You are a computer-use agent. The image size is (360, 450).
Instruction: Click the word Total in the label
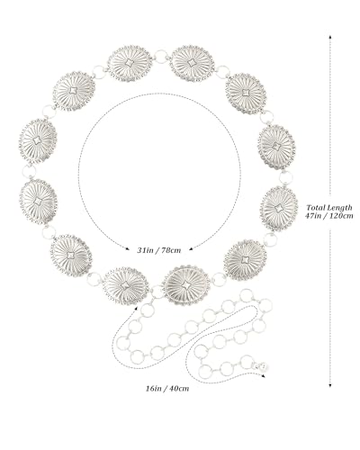coord(316,207)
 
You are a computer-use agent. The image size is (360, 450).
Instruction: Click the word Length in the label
coord(339,207)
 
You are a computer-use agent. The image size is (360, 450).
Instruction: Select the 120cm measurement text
coord(341,216)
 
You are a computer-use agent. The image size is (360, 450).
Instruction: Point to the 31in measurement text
coord(145,250)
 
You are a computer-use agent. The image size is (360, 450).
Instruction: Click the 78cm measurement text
coord(171,250)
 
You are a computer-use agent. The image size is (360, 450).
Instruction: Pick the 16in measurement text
coord(154,389)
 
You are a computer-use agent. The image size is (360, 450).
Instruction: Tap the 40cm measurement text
coord(179,389)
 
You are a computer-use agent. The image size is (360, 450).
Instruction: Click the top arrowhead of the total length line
coord(330,37)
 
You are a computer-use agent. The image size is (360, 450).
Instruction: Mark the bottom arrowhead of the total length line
coord(330,385)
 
